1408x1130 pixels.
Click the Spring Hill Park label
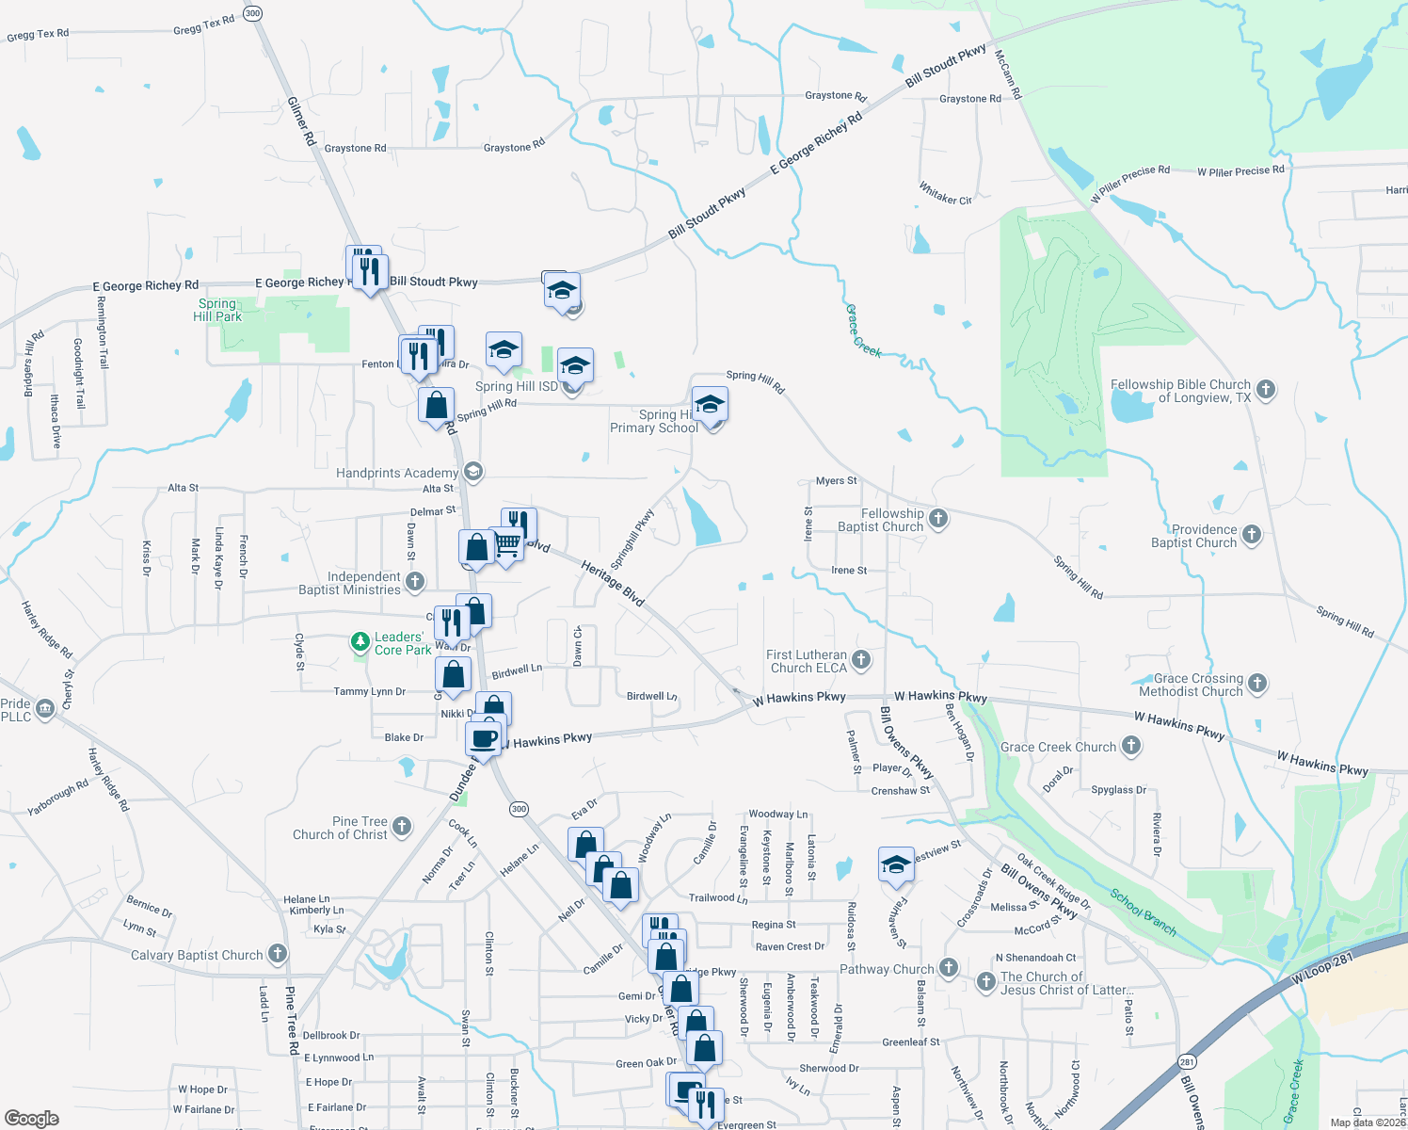click(x=217, y=310)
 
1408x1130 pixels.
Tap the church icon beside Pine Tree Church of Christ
click(x=402, y=827)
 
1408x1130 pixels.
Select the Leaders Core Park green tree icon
click(x=360, y=642)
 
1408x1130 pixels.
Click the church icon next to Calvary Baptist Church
click(x=278, y=954)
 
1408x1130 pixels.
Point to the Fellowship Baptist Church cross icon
click(x=938, y=518)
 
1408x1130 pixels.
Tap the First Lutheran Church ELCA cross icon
click(x=861, y=659)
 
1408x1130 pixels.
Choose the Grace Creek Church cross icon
click(x=1131, y=746)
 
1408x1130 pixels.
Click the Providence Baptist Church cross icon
click(x=1252, y=534)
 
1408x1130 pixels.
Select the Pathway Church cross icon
click(x=949, y=967)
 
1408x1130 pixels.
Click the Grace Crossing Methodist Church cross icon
click(x=1257, y=683)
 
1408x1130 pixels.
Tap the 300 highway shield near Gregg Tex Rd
click(x=252, y=13)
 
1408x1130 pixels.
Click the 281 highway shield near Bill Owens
click(x=1187, y=1060)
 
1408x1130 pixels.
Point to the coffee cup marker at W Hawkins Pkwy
click(x=484, y=738)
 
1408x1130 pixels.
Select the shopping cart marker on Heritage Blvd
click(x=507, y=545)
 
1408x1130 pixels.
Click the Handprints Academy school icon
click(x=473, y=472)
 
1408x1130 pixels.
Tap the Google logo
click(x=32, y=1118)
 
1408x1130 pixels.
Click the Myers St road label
click(x=836, y=480)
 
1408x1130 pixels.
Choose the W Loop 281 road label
click(x=1321, y=969)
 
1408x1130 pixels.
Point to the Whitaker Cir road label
click(x=945, y=194)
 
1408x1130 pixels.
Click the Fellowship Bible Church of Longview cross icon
click(x=1267, y=389)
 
